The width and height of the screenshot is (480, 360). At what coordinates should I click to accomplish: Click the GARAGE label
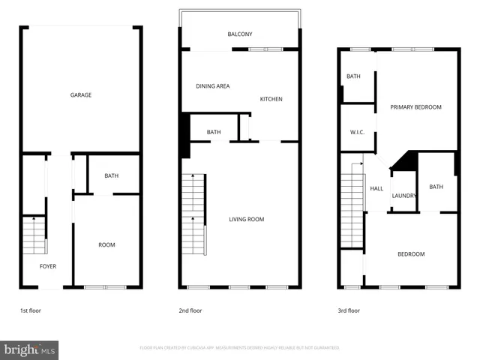pos(81,95)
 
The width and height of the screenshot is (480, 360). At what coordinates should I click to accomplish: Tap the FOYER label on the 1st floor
pos(48,266)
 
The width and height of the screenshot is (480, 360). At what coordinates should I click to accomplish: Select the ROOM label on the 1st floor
pos(106,245)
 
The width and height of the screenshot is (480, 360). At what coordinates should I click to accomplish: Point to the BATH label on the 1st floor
pos(111,176)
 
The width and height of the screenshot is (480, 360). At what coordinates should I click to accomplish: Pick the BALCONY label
pos(240,34)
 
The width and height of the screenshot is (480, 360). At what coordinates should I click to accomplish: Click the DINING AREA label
pos(213,86)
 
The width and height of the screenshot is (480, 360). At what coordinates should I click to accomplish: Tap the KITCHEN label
pos(271,99)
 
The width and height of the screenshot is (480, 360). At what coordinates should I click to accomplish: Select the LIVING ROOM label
pos(247,219)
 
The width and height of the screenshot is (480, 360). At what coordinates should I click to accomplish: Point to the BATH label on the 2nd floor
pos(214,133)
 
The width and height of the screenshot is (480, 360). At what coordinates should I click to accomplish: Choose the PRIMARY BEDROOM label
pos(415,107)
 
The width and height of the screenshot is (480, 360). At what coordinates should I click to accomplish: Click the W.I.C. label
pos(357,133)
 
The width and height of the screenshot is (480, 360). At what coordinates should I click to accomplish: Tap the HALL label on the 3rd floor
pos(376,188)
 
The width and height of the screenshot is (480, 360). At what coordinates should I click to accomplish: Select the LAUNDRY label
pos(403,196)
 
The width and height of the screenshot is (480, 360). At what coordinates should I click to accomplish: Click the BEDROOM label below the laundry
pos(410,254)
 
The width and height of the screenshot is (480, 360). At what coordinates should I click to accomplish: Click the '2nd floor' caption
pos(190,310)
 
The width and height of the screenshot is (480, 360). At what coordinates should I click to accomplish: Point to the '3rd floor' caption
pos(349,310)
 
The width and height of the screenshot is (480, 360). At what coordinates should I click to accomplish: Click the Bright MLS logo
pos(30,349)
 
